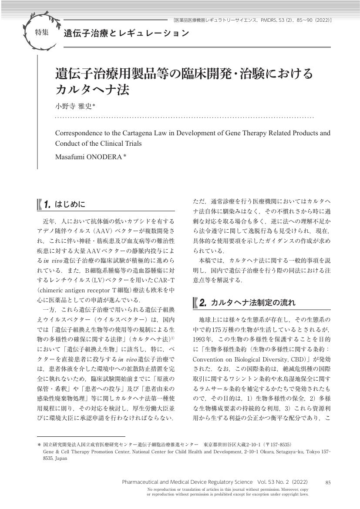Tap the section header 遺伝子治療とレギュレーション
[126, 33]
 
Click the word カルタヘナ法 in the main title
[92, 90]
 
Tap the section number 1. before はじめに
[47, 204]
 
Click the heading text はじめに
[71, 204]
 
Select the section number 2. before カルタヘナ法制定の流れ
[202, 302]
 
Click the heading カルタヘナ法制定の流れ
[253, 302]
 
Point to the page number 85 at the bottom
[328, 482]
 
